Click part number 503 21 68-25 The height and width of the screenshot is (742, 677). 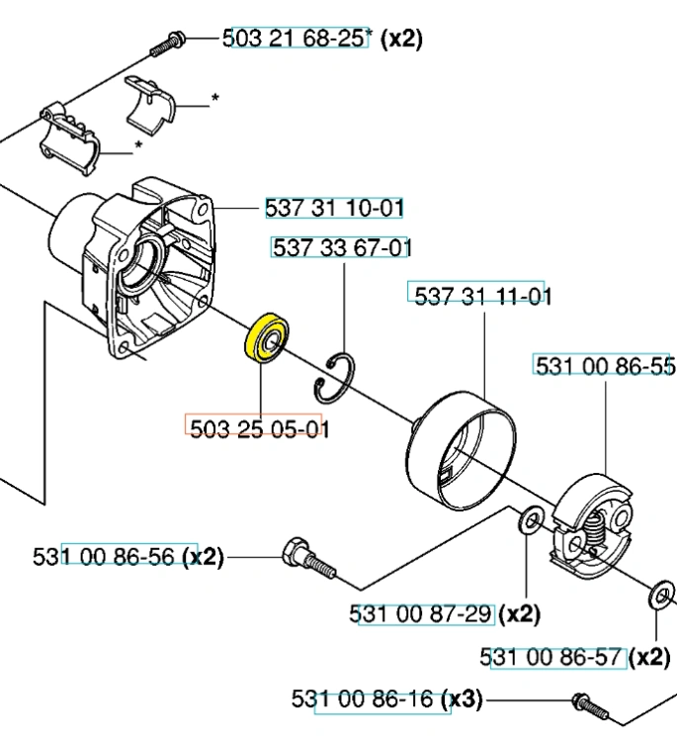[295, 38]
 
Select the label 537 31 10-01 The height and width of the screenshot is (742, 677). [334, 208]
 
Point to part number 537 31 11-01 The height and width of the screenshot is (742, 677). [482, 296]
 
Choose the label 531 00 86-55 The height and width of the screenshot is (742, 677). [605, 366]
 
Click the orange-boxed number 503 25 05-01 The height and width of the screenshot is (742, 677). [259, 428]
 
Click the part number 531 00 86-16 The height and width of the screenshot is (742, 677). [362, 698]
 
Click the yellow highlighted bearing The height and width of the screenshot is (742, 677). [267, 337]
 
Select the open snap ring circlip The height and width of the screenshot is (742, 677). [334, 379]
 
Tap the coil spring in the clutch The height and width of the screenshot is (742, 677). [595, 528]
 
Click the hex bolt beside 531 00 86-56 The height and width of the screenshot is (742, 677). [308, 559]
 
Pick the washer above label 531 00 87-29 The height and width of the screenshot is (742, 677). [532, 520]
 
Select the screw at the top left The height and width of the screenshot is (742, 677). [168, 44]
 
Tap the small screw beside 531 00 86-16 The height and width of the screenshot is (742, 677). [590, 706]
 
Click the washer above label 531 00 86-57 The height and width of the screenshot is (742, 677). [662, 597]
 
